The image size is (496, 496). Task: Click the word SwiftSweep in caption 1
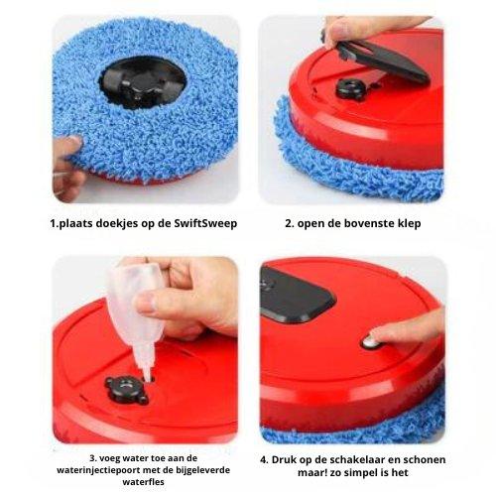pos(205,223)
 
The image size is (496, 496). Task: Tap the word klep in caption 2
pos(410,223)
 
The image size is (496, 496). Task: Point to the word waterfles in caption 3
pos(144,481)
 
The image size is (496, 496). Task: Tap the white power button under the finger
pos(370,342)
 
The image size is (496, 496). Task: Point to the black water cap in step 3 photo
pos(126,389)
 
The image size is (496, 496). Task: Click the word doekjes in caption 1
pos(116,223)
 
